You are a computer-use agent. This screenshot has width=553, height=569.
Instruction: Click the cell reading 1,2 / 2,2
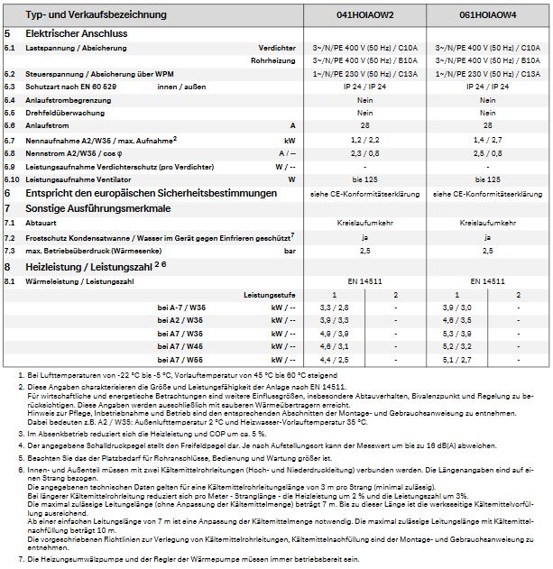tap(364, 142)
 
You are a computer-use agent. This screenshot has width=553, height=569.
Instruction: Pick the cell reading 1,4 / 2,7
tap(488, 142)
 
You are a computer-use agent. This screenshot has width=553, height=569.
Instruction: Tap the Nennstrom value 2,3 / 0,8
tap(364, 154)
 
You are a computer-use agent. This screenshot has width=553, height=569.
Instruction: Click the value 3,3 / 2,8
tap(334, 308)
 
